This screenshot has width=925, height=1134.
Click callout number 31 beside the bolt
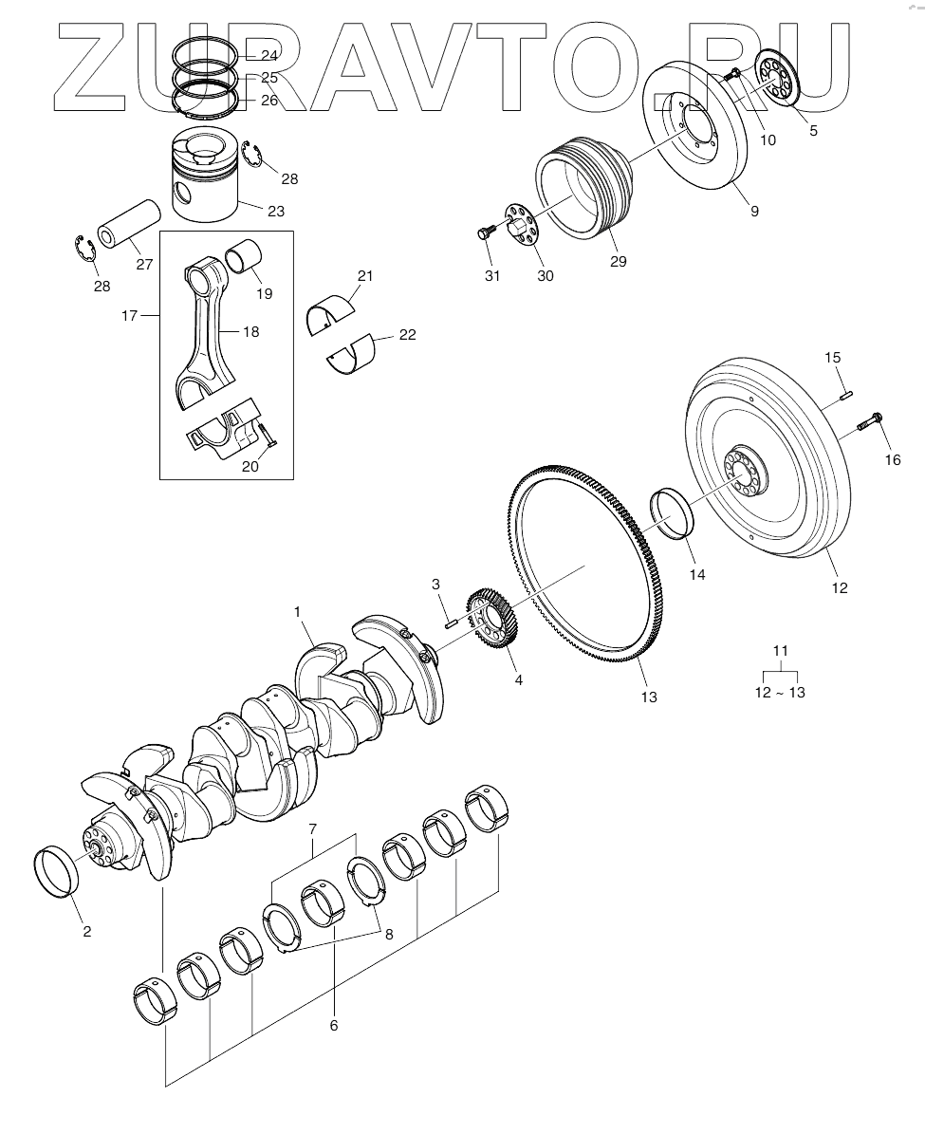coord(491,275)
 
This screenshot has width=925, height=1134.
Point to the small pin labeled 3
coord(452,623)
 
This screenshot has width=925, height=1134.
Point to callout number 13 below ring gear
coord(649,697)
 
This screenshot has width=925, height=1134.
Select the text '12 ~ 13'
coord(780,693)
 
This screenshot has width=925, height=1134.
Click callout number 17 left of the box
coord(129,314)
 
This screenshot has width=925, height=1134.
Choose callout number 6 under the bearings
coord(333,1025)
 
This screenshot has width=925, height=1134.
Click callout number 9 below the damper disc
coord(754,212)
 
